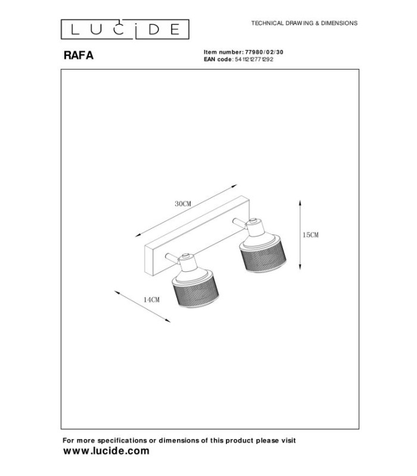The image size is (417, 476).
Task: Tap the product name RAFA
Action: (79, 55)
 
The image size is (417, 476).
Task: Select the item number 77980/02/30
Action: (264, 52)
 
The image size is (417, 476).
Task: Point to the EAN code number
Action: (254, 59)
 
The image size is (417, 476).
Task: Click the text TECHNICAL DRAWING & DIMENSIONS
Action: (304, 23)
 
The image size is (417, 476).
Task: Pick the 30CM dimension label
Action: (183, 203)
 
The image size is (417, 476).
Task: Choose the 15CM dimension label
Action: (310, 234)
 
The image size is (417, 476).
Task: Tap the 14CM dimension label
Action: (151, 300)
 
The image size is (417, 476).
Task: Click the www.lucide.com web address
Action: (106, 451)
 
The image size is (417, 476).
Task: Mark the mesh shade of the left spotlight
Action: (196, 292)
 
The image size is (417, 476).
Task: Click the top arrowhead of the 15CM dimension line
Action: (300, 202)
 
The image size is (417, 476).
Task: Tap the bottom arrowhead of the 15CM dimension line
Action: (300, 267)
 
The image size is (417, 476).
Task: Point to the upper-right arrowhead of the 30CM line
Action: (234, 186)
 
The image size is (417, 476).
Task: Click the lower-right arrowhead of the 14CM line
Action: (167, 320)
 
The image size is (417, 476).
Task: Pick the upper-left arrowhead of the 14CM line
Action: (117, 293)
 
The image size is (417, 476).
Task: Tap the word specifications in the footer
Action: (122, 440)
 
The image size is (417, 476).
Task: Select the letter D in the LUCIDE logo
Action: (154, 29)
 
